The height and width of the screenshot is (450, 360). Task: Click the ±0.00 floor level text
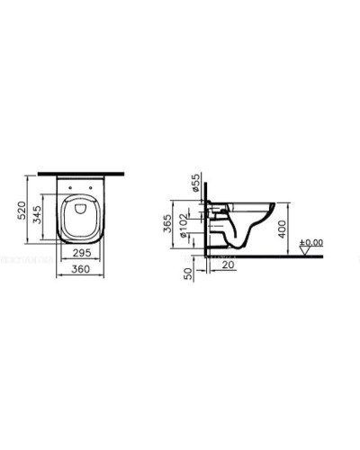[x=311, y=241]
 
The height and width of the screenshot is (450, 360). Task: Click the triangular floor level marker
[x=307, y=253]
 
